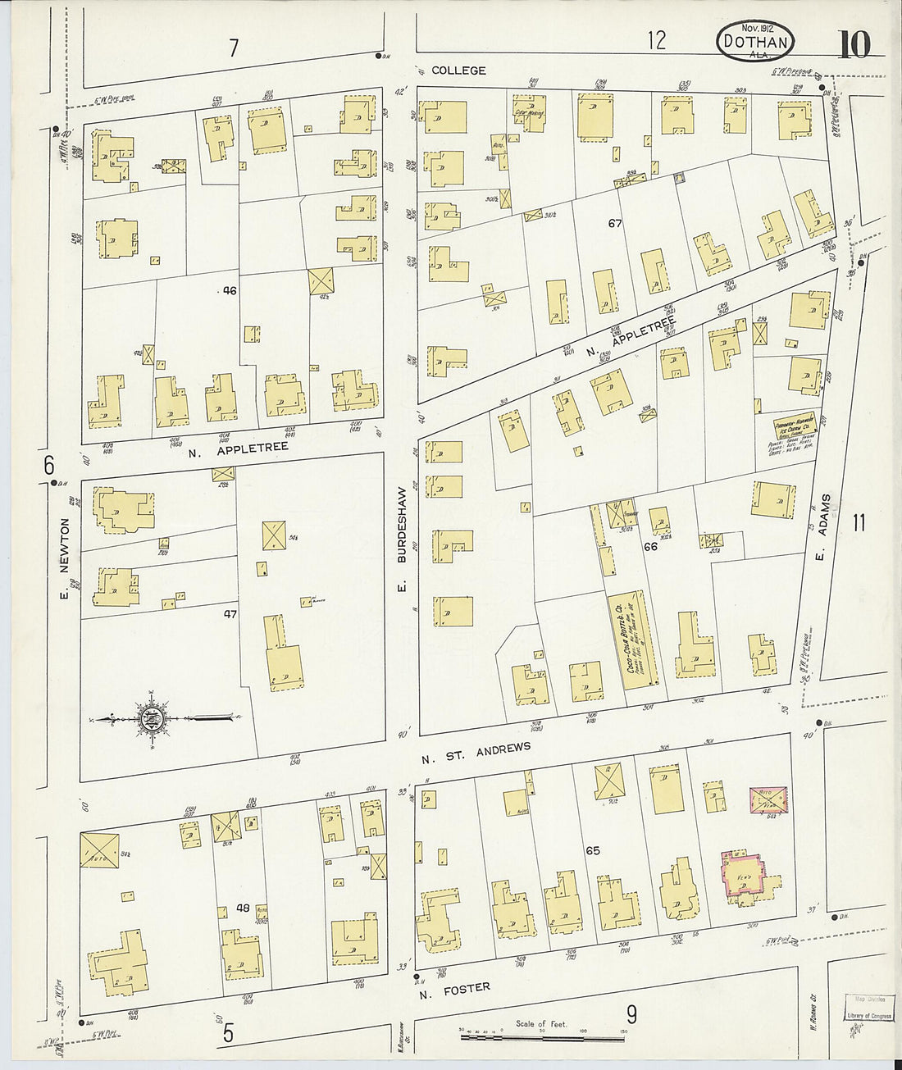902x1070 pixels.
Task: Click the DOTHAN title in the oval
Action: [755, 41]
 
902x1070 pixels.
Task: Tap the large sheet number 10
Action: [854, 44]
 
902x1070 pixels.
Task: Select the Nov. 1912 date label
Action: [740, 27]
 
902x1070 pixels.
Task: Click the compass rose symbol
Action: [153, 720]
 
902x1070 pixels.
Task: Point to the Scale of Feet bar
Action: [542, 1036]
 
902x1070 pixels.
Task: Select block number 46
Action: [230, 290]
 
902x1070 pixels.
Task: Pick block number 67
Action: [615, 223]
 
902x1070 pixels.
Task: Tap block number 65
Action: [593, 851]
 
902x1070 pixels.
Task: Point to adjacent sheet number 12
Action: [656, 39]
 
